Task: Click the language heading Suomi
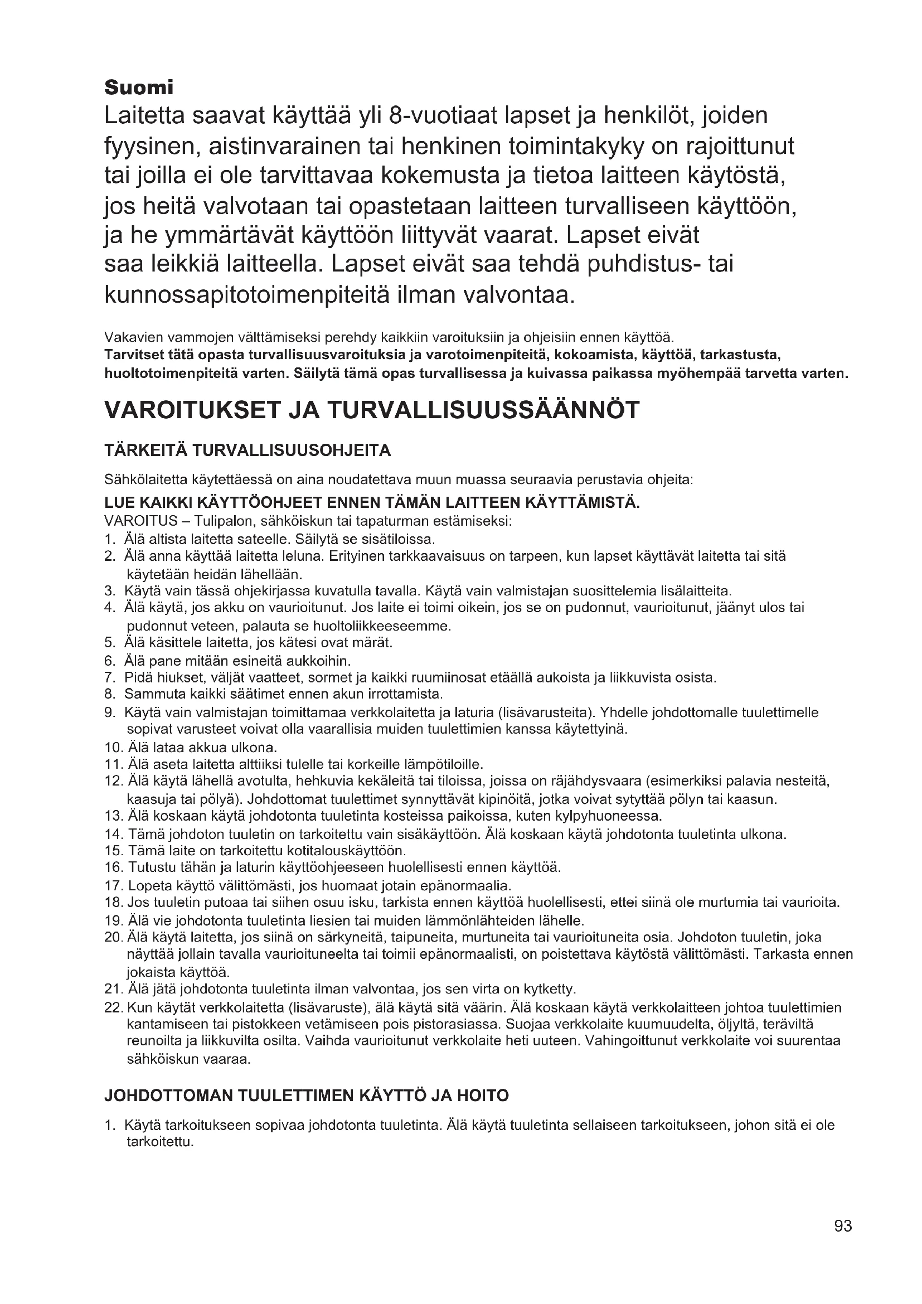[139, 88]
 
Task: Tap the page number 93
[843, 1242]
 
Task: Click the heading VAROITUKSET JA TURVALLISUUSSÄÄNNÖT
[372, 410]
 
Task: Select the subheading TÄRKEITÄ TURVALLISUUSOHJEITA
[248, 450]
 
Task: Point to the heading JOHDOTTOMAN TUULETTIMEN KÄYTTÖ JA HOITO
[307, 1095]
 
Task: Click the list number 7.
[110, 677]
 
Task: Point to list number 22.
[114, 1008]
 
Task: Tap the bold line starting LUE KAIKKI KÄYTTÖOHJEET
[372, 503]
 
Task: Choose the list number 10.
[114, 747]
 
